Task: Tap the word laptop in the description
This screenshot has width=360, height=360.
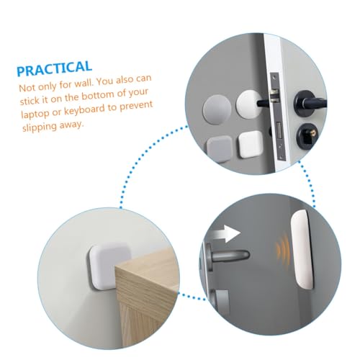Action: coord(35,113)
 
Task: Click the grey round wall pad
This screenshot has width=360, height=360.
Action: coord(217,109)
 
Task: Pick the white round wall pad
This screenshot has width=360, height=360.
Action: coord(248,105)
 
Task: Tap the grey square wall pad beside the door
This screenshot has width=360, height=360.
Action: coord(220,149)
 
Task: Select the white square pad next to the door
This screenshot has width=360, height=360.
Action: coord(251,145)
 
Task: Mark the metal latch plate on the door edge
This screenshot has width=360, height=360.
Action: coord(279,117)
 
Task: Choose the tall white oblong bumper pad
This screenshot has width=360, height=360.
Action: coord(302,249)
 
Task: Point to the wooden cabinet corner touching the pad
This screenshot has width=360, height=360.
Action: coord(116,266)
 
